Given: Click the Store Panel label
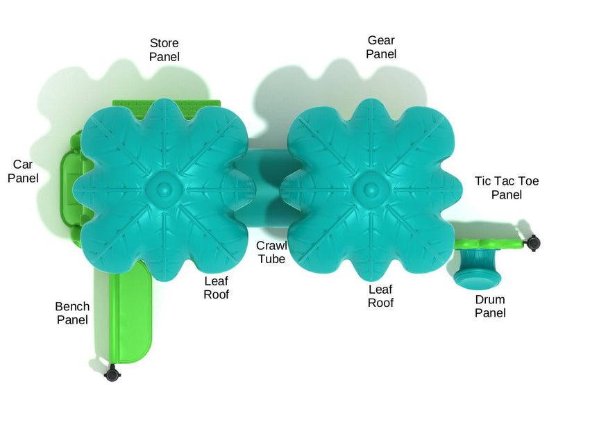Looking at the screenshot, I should click(164, 50).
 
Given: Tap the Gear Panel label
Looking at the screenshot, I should click(381, 47).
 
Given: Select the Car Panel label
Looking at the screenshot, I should click(23, 171).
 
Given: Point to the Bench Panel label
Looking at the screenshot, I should click(72, 313).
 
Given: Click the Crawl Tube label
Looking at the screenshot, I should click(271, 252).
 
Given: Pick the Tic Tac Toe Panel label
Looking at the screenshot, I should click(506, 187).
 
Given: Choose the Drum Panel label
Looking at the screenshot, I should click(489, 306).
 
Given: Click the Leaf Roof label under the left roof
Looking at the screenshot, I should click(216, 287).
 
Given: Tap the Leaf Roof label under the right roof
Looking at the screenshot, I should click(380, 296).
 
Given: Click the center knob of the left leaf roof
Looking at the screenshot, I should click(163, 187).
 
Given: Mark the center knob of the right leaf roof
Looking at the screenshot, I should click(366, 187).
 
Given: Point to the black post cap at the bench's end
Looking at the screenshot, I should click(111, 375).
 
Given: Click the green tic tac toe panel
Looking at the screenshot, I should click(489, 243).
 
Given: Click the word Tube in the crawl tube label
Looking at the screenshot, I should click(271, 259).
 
